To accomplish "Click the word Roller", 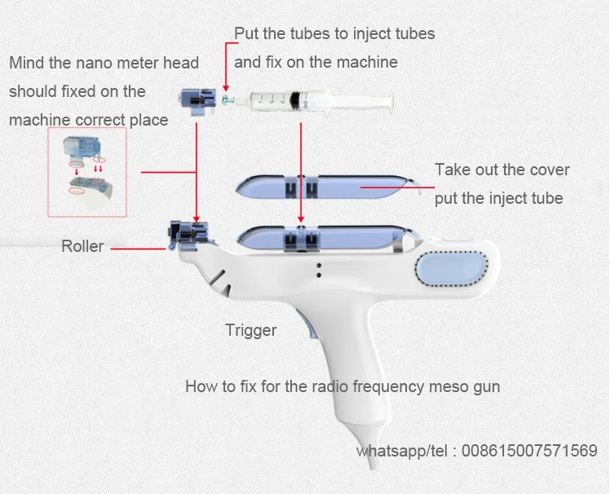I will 82,245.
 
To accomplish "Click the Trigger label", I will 251,330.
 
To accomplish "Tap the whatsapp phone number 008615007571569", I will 529,451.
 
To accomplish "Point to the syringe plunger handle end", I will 391,103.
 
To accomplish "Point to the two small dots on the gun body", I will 318,268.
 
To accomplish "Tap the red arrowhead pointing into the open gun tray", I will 302,219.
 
